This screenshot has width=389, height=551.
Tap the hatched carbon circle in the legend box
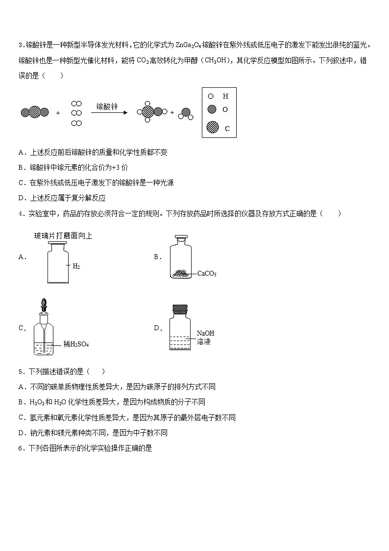[213, 128]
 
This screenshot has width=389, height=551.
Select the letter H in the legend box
[225, 97]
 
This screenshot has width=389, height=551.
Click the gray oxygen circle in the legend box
[212, 109]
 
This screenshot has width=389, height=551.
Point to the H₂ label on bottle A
[76, 266]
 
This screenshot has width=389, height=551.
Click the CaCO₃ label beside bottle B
[207, 274]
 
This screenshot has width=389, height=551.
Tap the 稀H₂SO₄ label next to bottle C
[76, 344]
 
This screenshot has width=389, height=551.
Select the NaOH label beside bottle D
[205, 333]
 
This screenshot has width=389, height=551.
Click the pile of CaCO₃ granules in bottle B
[181, 273]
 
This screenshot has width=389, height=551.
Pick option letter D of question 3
[21, 198]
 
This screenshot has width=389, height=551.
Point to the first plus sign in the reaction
[58, 113]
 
